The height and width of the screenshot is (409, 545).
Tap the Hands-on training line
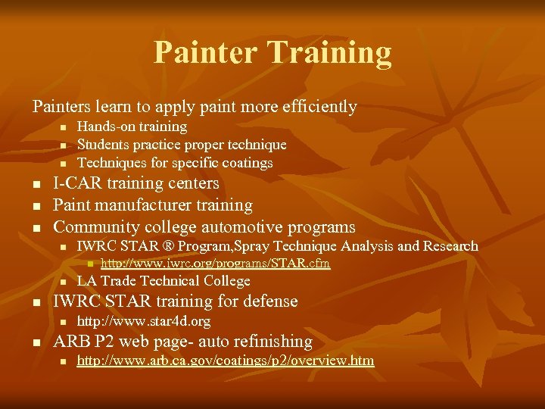(x=132, y=126)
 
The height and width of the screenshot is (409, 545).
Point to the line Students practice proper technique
(x=182, y=144)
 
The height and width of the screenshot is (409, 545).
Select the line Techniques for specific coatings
(x=175, y=162)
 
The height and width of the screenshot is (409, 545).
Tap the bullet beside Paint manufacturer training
(x=35, y=206)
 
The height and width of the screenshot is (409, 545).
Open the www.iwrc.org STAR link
(x=216, y=264)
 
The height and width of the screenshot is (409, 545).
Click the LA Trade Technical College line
(x=163, y=280)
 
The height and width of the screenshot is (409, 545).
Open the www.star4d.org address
(x=144, y=321)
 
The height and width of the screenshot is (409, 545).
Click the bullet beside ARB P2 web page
(x=35, y=342)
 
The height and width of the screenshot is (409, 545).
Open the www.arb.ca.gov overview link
(x=226, y=361)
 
